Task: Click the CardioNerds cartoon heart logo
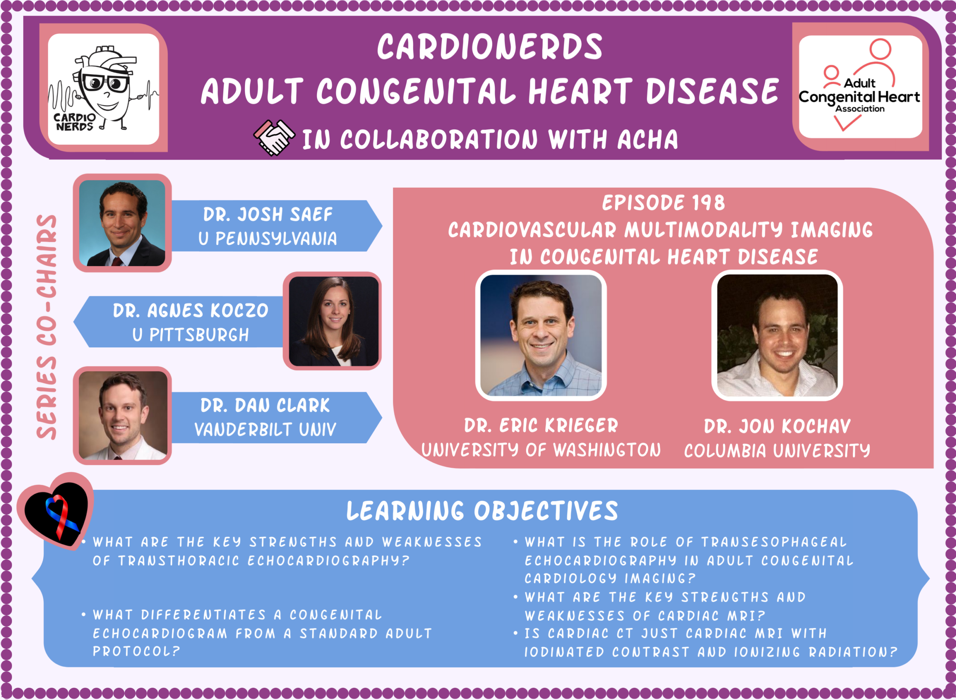point(103,89)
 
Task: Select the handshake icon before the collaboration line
point(273,138)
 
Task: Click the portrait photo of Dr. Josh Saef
point(122,223)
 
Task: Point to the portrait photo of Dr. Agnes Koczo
point(333,321)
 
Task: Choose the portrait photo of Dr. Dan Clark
point(123,416)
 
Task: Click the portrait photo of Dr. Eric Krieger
point(541,335)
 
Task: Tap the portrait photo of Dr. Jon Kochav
point(777,335)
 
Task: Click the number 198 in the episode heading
point(708,203)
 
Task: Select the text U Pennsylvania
point(268,238)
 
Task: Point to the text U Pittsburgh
point(191,335)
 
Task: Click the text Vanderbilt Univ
point(266,429)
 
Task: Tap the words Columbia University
point(777,450)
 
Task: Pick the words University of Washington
point(541,450)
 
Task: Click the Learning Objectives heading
point(482,511)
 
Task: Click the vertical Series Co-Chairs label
point(47,327)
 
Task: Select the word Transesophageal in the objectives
point(774,542)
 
